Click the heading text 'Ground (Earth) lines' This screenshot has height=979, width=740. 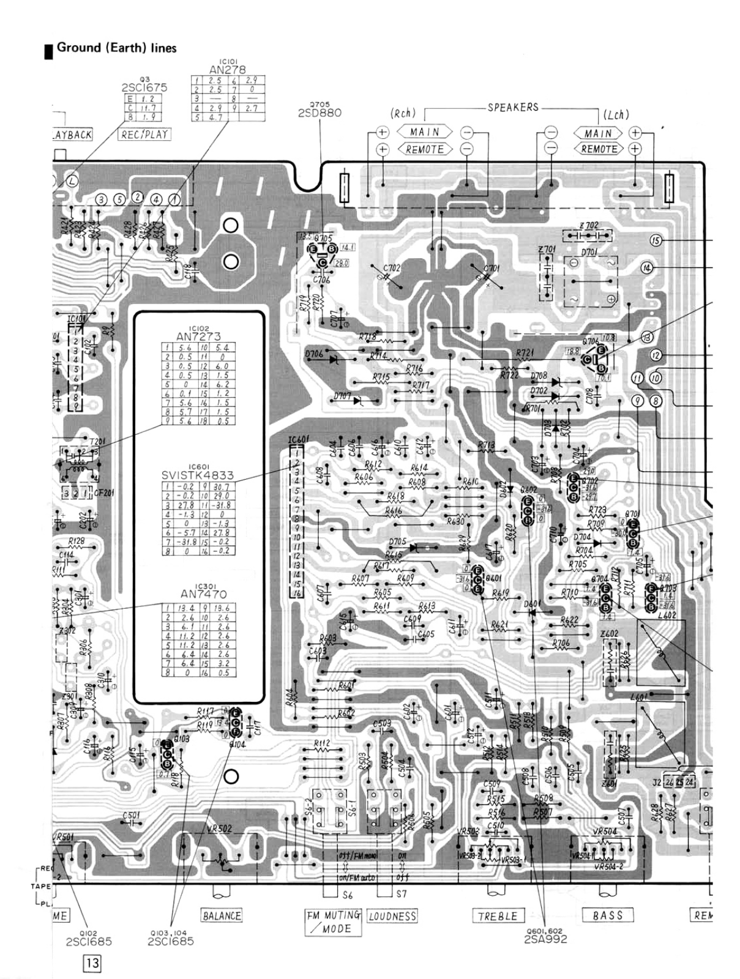click(116, 48)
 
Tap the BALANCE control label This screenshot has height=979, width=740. click(222, 916)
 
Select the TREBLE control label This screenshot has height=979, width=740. click(498, 916)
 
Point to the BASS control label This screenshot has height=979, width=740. click(608, 915)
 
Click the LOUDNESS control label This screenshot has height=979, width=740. click(392, 916)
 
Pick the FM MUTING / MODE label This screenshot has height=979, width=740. click(334, 922)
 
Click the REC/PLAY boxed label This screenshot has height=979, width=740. click(144, 134)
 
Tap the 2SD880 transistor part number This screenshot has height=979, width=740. click(320, 113)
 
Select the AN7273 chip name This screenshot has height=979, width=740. click(198, 337)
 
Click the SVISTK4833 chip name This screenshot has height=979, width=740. click(198, 475)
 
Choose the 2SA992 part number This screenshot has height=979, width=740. click(546, 939)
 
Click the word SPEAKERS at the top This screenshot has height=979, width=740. click(513, 107)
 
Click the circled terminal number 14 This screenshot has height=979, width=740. click(647, 268)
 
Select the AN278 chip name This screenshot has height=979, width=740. click(226, 70)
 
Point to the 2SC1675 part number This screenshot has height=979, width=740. click(144, 87)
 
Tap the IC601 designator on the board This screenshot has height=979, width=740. click(299, 441)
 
